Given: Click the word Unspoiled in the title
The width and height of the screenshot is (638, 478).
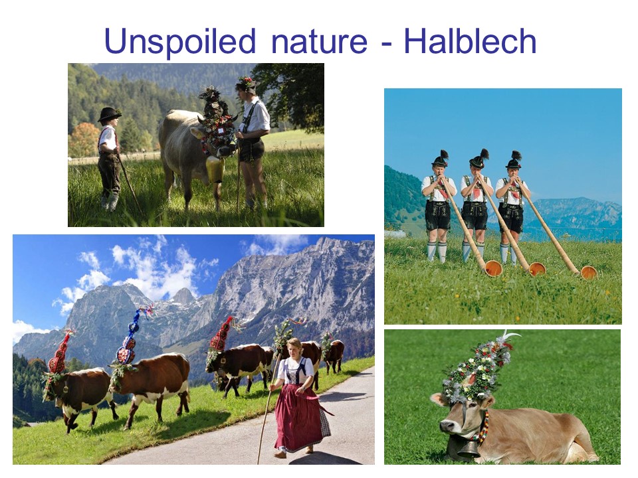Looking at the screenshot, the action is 179,42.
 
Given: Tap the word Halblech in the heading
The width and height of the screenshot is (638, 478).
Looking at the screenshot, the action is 470,41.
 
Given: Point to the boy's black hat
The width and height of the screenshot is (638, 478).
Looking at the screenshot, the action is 109,114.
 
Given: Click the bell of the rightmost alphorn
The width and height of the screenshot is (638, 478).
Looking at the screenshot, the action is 588,272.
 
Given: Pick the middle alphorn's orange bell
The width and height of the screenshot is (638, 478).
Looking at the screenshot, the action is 537,269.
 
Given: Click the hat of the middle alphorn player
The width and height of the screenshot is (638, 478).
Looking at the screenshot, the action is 479,159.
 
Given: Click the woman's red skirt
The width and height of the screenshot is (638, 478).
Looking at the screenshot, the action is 298,417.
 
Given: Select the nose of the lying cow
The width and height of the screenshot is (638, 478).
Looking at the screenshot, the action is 445,427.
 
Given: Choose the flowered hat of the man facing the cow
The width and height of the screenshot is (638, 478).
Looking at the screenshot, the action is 247,84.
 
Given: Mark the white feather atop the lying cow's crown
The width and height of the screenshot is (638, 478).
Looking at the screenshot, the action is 510,336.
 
